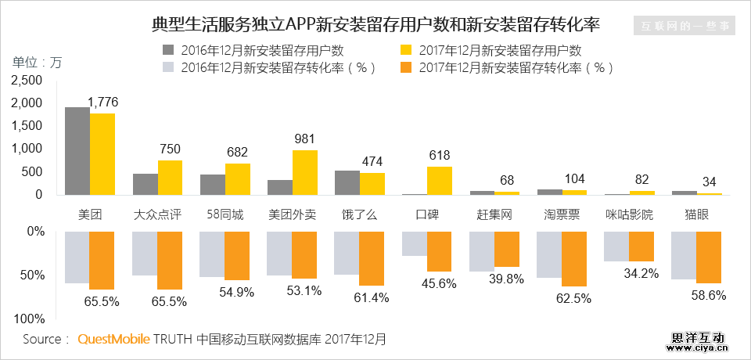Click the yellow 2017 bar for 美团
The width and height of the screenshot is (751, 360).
[x=102, y=154]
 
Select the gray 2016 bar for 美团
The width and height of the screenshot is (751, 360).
[x=77, y=151]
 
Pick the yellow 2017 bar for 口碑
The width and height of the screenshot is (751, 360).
[x=440, y=181]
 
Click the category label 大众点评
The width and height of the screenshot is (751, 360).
[x=157, y=214]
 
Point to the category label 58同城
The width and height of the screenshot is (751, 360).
[x=225, y=214]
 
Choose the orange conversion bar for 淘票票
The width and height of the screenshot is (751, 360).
[x=574, y=259]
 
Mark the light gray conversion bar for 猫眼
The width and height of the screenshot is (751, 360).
[x=684, y=255]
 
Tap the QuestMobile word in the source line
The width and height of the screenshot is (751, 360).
[x=113, y=340]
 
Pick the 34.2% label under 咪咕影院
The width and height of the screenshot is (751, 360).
[x=640, y=273]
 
